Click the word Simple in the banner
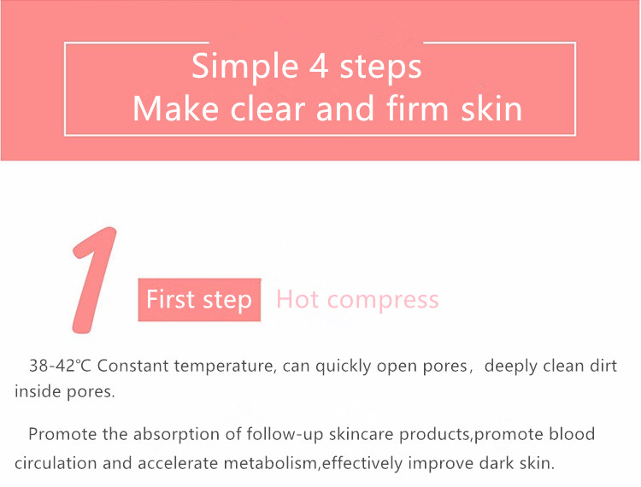[245, 67]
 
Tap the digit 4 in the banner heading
[319, 66]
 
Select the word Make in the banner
[176, 109]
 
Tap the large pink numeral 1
[94, 280]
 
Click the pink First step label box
[199, 300]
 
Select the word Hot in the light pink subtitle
[297, 299]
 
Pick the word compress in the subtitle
[383, 302]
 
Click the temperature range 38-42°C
[60, 366]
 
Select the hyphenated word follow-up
[285, 434]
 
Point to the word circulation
[56, 463]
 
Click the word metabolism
[270, 463]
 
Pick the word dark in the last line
[497, 463]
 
